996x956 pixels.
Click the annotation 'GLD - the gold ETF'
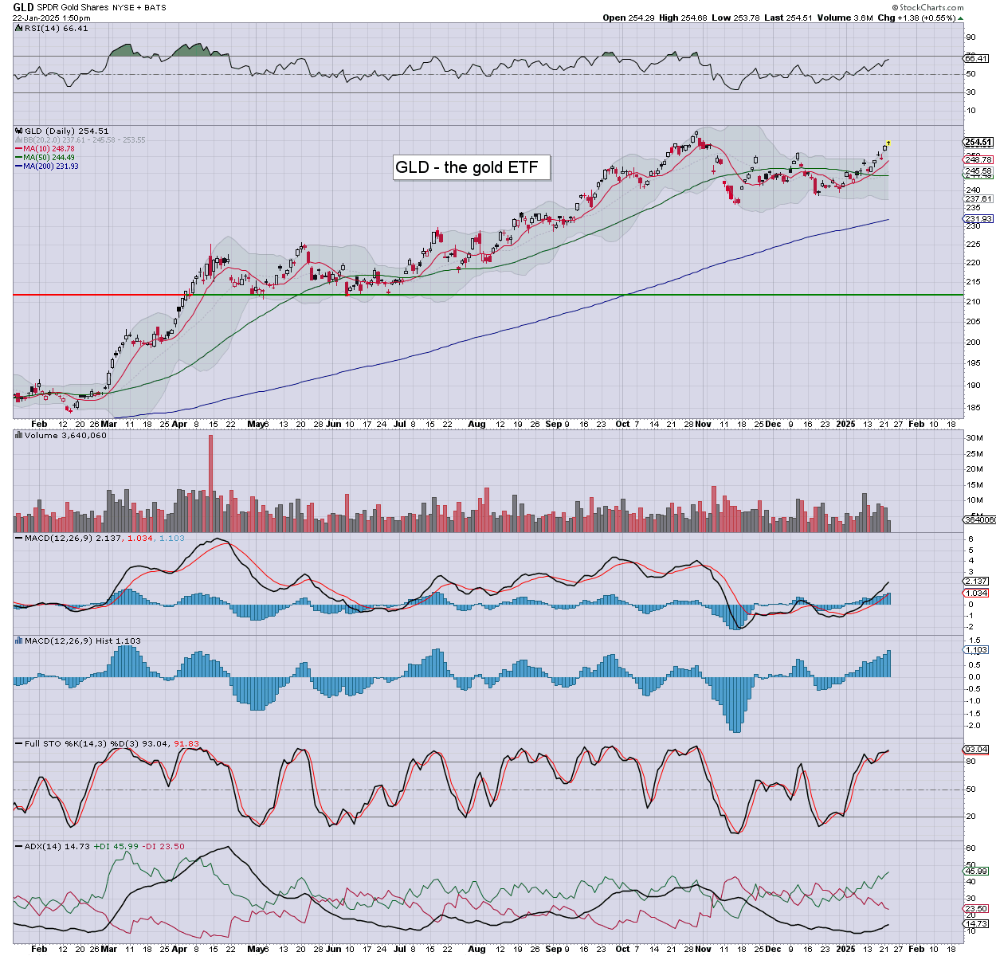[467, 167]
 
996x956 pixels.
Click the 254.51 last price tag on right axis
[978, 143]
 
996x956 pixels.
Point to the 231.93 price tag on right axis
[978, 219]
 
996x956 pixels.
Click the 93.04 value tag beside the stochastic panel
[976, 750]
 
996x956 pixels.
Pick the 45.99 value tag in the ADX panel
[976, 872]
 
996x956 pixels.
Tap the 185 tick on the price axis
[972, 407]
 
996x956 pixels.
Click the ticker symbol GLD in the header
[23, 7]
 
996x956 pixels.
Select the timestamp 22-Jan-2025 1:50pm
[51, 18]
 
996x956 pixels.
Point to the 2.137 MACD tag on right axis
[976, 582]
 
